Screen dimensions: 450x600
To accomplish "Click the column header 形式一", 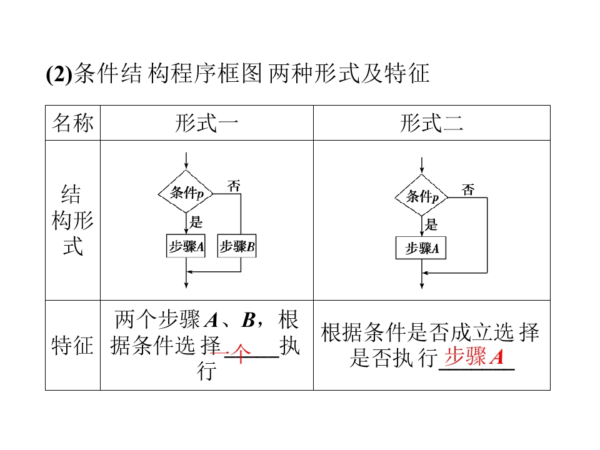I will tap(206, 123).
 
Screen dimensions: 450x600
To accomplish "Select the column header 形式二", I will tap(431, 123).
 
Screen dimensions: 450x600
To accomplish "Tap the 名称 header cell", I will tap(72, 123).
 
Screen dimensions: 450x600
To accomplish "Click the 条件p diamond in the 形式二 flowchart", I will tap(423, 197).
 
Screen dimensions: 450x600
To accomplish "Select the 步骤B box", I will tap(237, 247).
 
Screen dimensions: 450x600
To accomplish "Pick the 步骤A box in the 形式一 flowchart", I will tap(186, 247).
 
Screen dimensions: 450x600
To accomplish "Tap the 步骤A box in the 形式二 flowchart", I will tap(422, 248).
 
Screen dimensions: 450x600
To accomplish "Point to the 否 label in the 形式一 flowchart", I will tap(234, 185).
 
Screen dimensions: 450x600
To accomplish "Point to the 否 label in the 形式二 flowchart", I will tap(468, 189).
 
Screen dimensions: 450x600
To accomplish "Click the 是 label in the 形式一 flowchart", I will tap(196, 221).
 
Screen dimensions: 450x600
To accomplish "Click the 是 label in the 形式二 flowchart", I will tap(431, 225).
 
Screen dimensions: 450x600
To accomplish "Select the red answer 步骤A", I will tap(473, 357).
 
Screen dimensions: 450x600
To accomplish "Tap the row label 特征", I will tap(72, 345).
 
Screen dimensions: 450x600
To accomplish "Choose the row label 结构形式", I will tap(72, 220).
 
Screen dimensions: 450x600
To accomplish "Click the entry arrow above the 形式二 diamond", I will tap(423, 165).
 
